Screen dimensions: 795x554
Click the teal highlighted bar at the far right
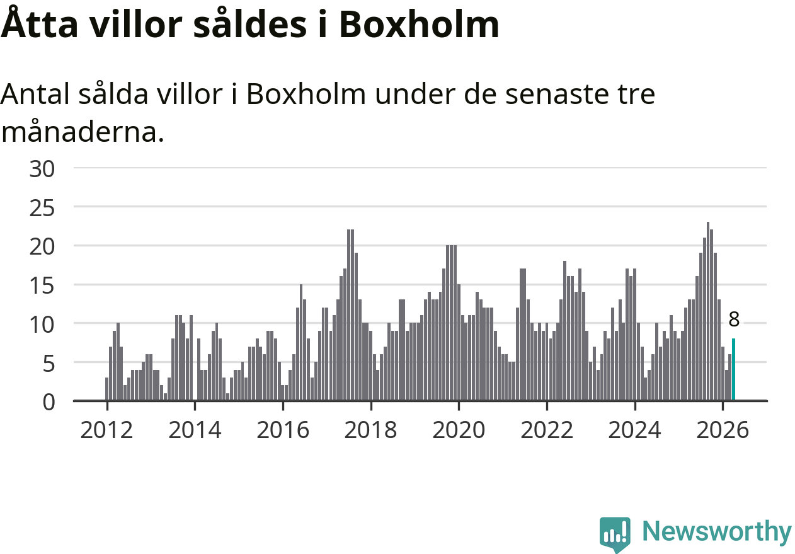[733, 369]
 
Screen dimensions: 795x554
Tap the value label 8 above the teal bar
[734, 320]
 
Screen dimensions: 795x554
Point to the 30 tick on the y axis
[42, 169]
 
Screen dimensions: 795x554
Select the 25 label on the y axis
[42, 208]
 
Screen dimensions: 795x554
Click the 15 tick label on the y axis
[42, 286]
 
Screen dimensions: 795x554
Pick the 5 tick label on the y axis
[49, 364]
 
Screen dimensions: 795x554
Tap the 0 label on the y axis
[49, 403]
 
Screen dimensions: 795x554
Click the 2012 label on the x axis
[106, 430]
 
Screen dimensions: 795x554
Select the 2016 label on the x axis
[283, 430]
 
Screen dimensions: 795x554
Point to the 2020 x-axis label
[459, 430]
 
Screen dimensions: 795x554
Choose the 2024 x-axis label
[634, 430]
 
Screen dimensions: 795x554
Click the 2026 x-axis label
[723, 430]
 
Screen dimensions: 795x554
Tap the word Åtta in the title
[39, 22]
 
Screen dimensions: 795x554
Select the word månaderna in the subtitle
[83, 132]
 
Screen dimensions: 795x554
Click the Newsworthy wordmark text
[718, 531]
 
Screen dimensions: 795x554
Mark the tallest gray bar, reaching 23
[707, 311]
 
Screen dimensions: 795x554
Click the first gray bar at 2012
[107, 390]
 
